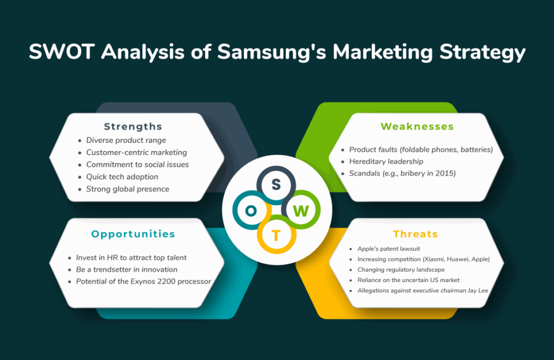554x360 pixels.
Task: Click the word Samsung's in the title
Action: pyautogui.click(x=272, y=51)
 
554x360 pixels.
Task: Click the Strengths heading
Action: pyautogui.click(x=133, y=127)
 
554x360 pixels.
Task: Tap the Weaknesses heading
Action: pyautogui.click(x=417, y=126)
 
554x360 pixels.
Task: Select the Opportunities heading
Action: pyautogui.click(x=133, y=234)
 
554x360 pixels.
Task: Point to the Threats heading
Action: pyautogui.click(x=415, y=234)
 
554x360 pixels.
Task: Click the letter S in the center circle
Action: pyautogui.click(x=276, y=184)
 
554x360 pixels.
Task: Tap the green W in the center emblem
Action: pyautogui.click(x=301, y=211)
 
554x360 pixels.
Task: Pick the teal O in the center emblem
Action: pyautogui.click(x=251, y=211)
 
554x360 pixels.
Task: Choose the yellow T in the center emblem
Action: pyautogui.click(x=276, y=235)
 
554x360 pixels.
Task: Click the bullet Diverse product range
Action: pyautogui.click(x=126, y=140)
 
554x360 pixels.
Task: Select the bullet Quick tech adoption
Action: pyautogui.click(x=122, y=177)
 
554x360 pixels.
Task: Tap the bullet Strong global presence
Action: pyautogui.click(x=128, y=189)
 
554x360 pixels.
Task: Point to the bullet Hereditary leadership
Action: pyautogui.click(x=386, y=162)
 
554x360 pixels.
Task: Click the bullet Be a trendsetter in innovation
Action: pyautogui.click(x=127, y=270)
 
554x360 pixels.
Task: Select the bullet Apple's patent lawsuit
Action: pyautogui.click(x=388, y=249)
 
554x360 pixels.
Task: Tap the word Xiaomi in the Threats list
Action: pyautogui.click(x=434, y=259)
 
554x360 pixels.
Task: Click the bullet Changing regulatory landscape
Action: pyautogui.click(x=401, y=270)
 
